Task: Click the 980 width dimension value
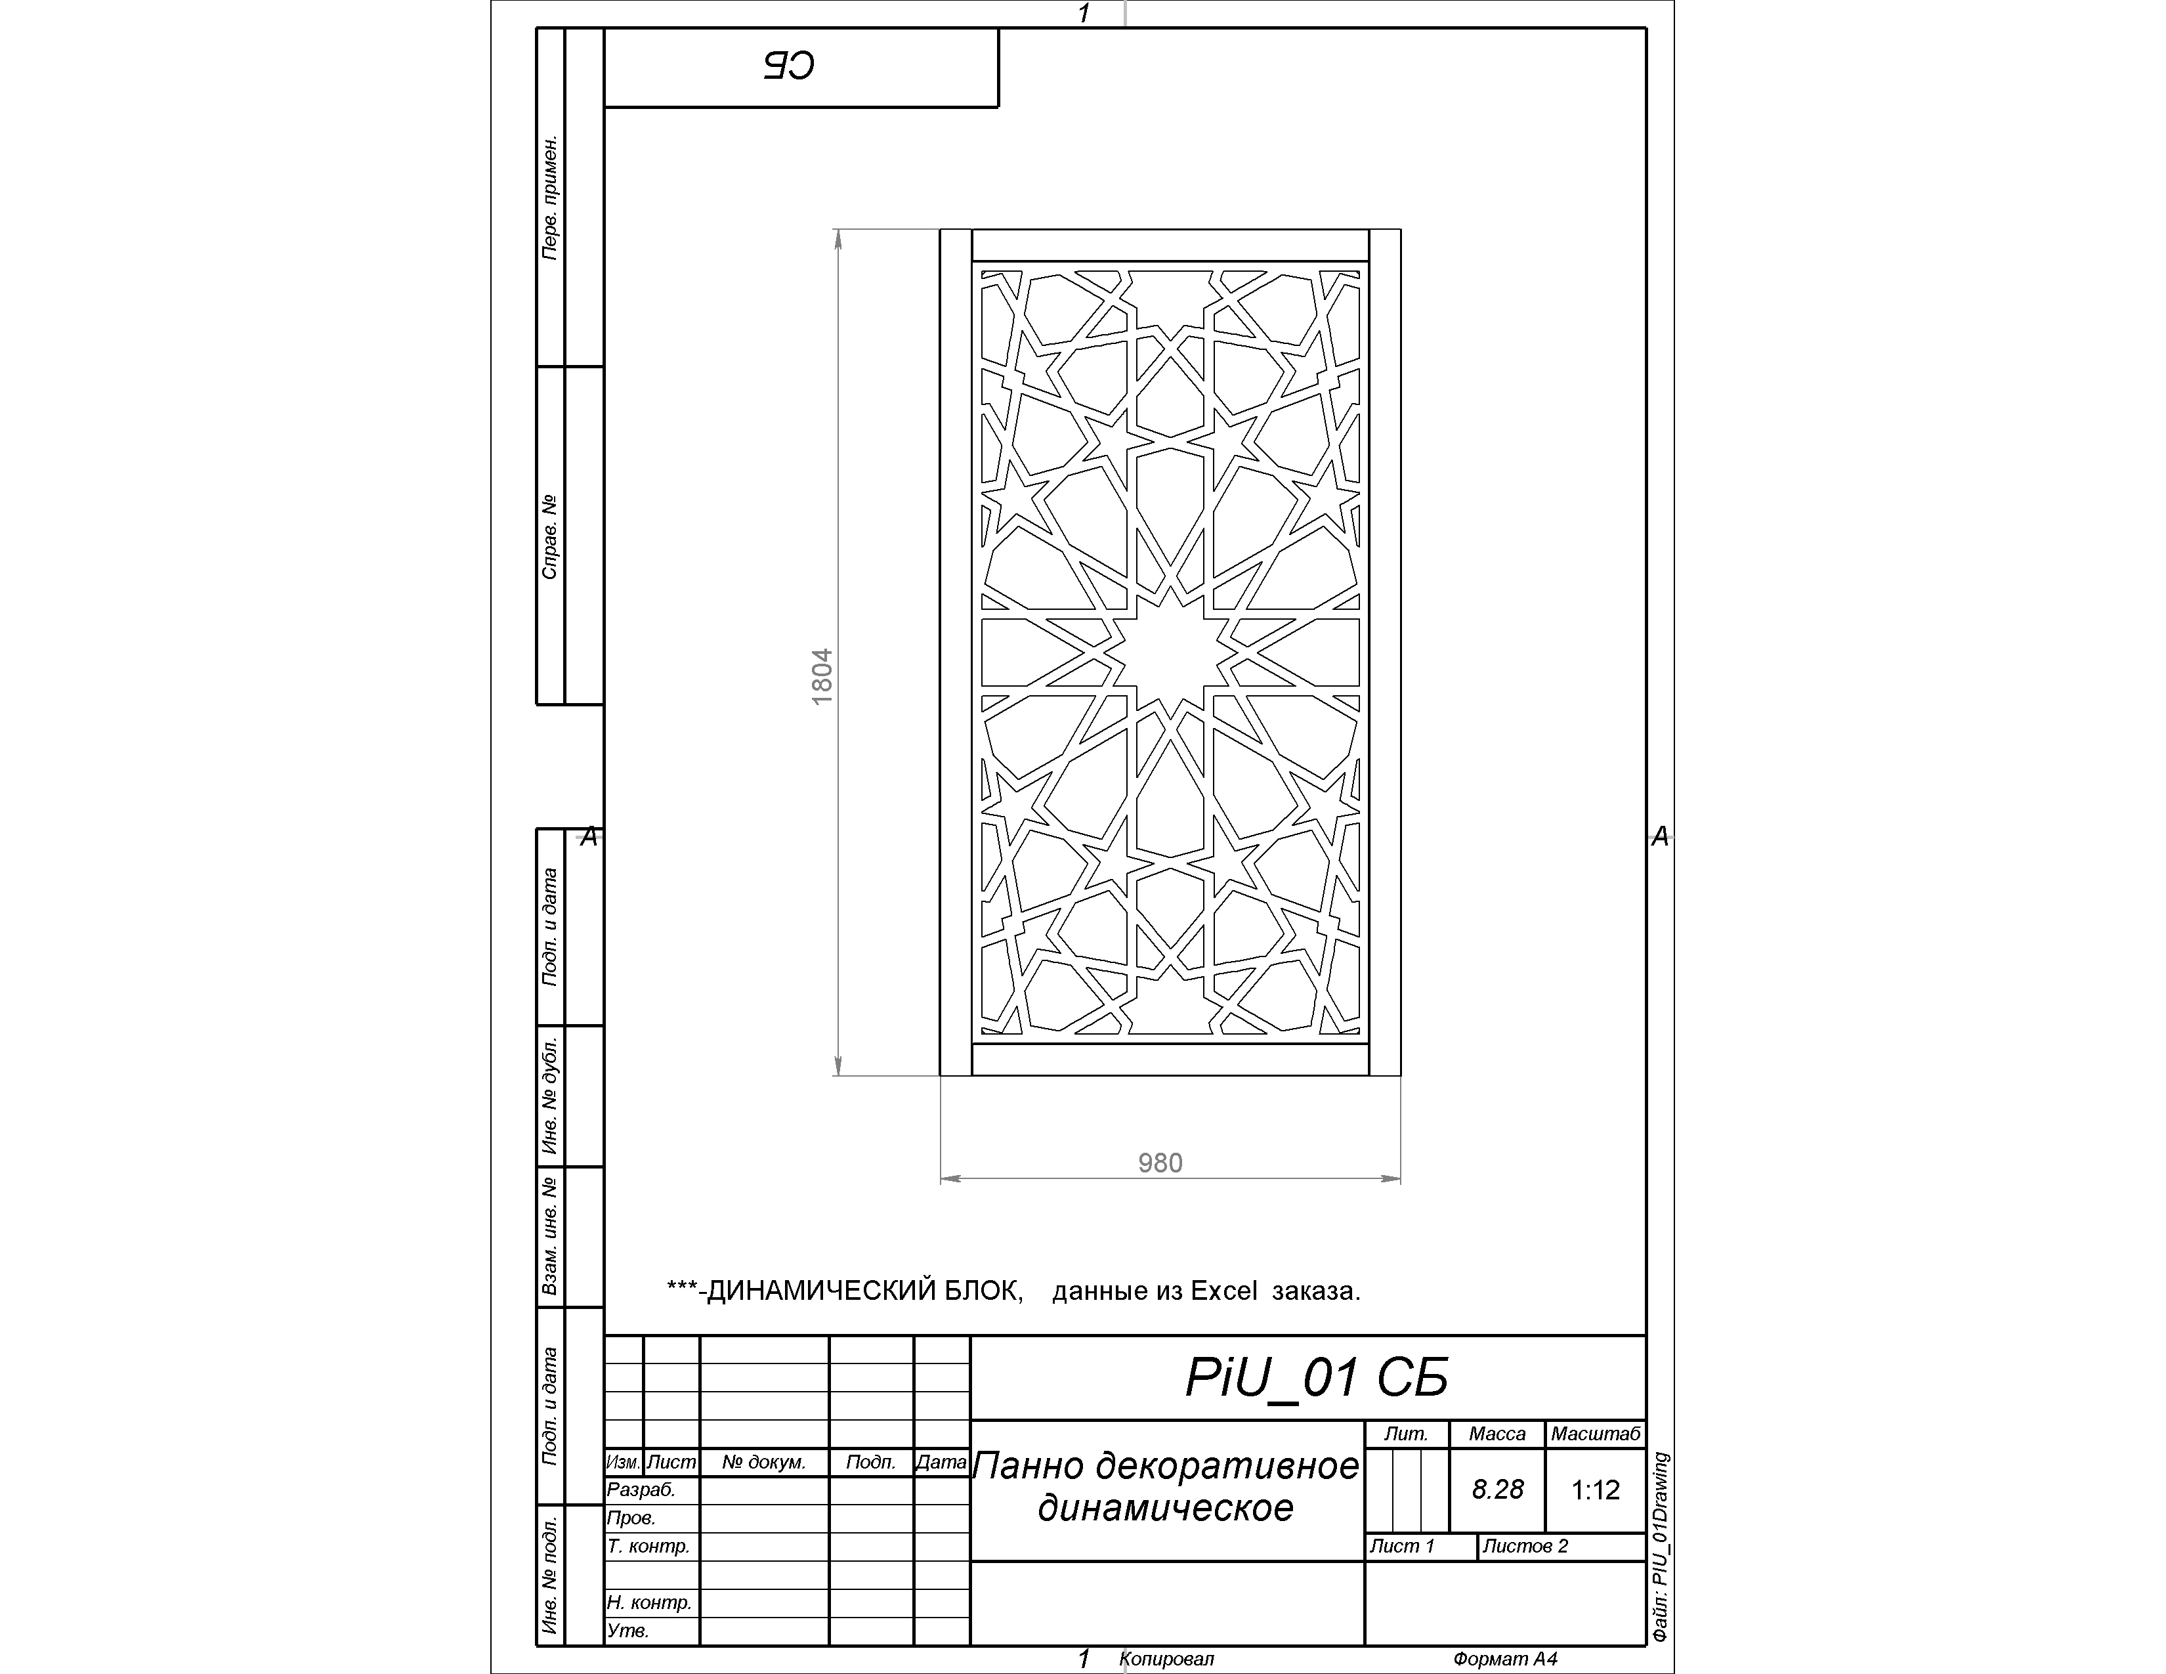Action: tap(1160, 1163)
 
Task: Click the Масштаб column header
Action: tap(1596, 1434)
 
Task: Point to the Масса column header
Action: tap(1498, 1434)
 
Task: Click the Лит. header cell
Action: tap(1407, 1434)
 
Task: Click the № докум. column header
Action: tap(763, 1462)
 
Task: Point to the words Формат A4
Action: tap(1506, 1659)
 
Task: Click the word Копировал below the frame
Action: tap(1166, 1659)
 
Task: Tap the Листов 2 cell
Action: tap(1525, 1546)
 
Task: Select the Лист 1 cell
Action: tap(1403, 1546)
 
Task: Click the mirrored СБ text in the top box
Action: tap(790, 66)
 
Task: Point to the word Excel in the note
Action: tap(1224, 1291)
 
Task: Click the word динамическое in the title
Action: tap(1166, 1509)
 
